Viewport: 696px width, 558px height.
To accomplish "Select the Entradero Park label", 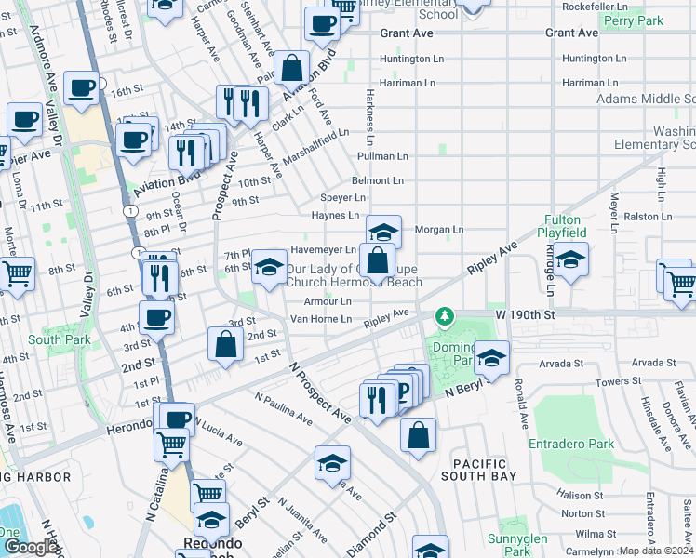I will tap(571, 445).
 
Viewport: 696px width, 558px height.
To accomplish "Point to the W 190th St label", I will tap(525, 315).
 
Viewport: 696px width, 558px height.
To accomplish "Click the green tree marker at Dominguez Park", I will tap(446, 317).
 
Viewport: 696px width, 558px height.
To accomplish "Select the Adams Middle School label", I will tap(646, 99).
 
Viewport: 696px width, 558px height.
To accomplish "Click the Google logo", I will tap(31, 546).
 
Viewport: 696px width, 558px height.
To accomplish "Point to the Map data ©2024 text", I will tap(657, 551).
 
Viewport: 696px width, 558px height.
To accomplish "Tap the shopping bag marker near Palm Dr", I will tap(292, 68).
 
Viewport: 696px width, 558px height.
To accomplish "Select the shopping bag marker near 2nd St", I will tap(226, 344).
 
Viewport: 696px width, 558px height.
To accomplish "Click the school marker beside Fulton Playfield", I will tap(571, 260).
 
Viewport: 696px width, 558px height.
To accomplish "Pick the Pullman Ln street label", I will tap(382, 156).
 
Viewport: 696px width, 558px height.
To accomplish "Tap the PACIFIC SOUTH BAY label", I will tap(479, 471).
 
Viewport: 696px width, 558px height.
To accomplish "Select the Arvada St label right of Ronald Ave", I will tap(650, 362).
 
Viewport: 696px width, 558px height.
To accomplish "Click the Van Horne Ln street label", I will tap(321, 319).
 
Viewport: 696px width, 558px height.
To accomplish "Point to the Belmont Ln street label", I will tap(377, 180).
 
